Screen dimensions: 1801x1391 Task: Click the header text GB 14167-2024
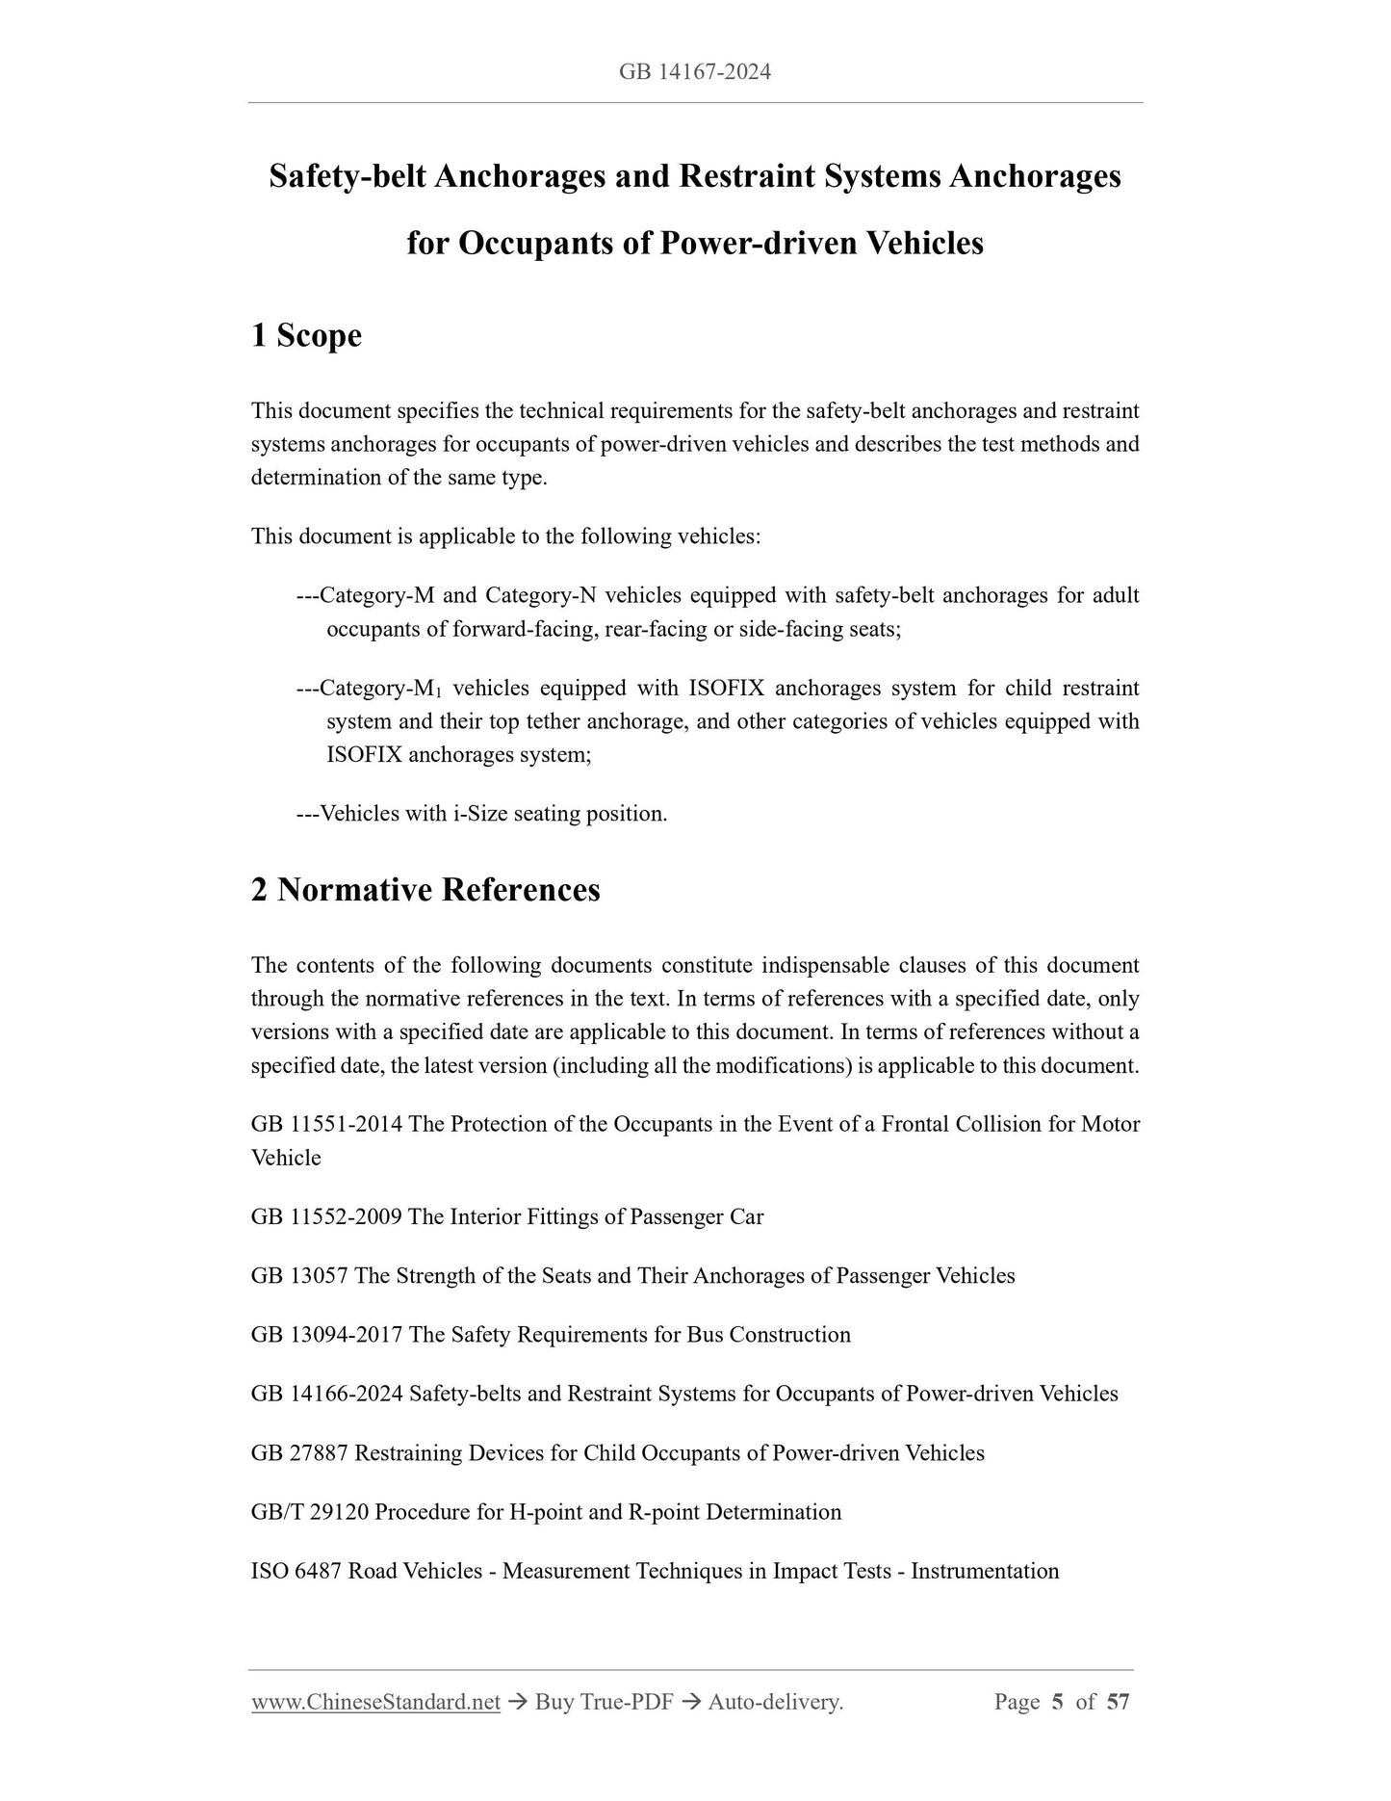point(695,72)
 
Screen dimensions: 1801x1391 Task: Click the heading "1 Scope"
point(306,335)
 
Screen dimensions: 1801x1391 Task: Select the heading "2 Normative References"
point(425,889)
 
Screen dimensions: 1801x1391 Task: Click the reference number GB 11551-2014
point(326,1124)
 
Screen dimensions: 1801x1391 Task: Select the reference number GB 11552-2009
point(326,1216)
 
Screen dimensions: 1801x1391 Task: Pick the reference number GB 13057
point(299,1275)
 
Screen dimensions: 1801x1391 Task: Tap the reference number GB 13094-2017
point(326,1334)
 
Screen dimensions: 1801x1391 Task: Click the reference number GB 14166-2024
point(326,1394)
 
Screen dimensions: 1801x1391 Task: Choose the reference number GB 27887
point(299,1452)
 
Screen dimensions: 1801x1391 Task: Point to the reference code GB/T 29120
point(310,1511)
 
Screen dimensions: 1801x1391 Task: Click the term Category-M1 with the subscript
point(380,689)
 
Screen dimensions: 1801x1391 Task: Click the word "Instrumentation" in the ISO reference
point(985,1571)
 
